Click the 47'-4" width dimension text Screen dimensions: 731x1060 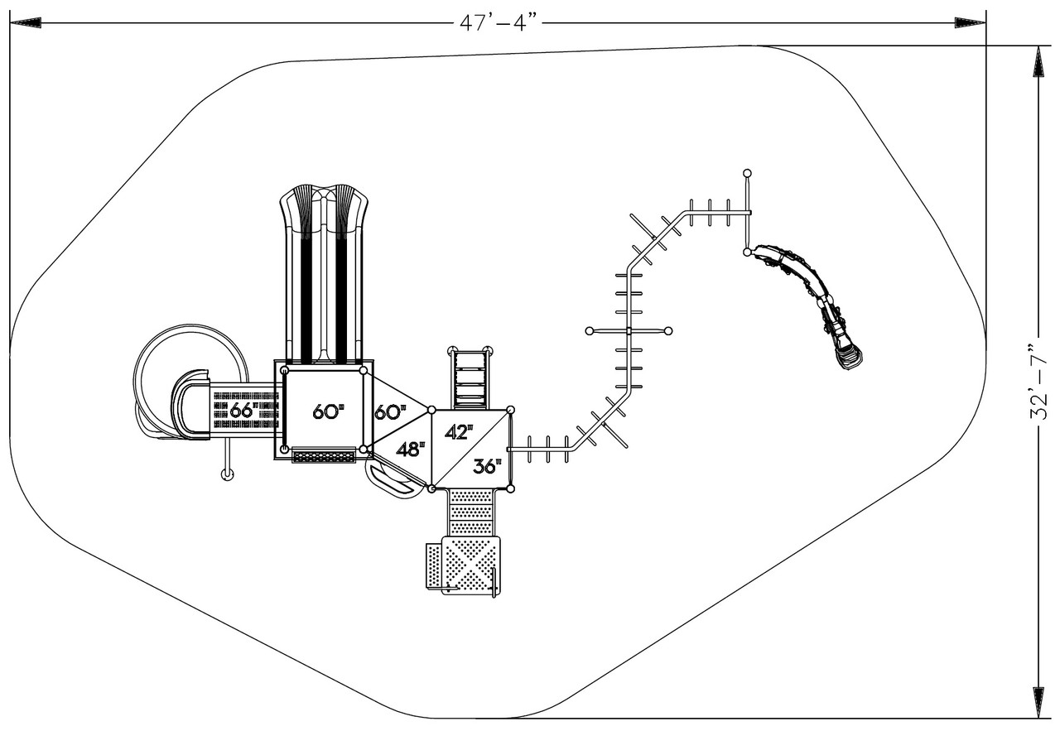(x=499, y=22)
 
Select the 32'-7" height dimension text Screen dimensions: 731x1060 (x=1038, y=382)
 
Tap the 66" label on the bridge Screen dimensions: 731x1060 (x=242, y=410)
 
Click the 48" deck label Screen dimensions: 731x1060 (x=409, y=449)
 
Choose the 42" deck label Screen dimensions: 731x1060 (x=459, y=431)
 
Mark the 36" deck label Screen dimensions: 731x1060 (x=487, y=467)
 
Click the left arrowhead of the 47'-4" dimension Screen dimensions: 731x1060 (x=25, y=23)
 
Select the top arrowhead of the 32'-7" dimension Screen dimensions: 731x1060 (x=1038, y=61)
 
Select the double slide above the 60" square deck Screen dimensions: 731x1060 (x=323, y=273)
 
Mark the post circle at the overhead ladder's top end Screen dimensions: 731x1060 (x=747, y=173)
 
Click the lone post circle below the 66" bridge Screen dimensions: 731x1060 (x=227, y=474)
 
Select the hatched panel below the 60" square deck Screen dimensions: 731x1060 (x=324, y=456)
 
